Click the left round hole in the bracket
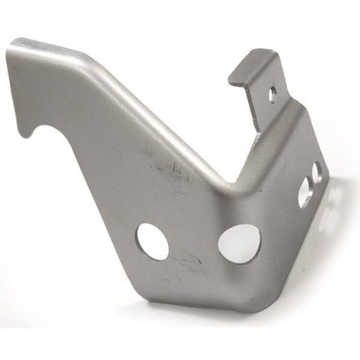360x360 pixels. tap(152, 241)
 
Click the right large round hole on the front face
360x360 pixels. tap(239, 242)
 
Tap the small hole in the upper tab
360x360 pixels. tap(273, 94)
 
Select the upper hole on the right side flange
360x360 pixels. tap(317, 173)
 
